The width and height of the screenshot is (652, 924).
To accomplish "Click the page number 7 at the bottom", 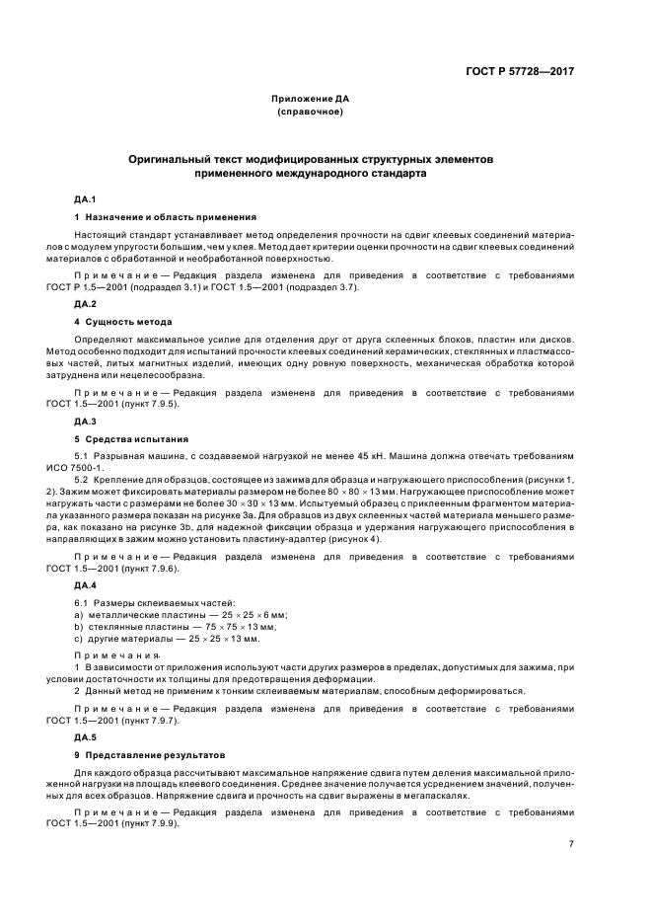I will coord(570,844).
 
